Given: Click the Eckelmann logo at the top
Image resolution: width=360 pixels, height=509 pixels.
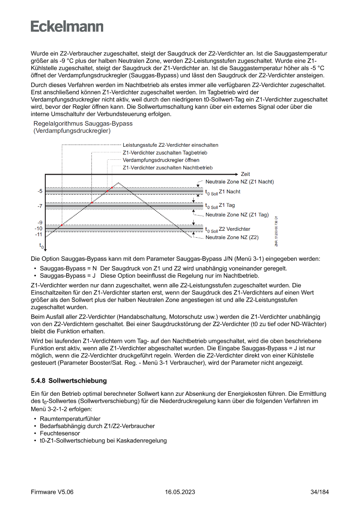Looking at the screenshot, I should (x=67, y=26).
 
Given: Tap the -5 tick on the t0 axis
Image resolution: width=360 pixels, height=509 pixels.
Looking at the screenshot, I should (x=40, y=191).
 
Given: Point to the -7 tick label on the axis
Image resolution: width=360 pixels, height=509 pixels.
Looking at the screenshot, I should (x=40, y=206).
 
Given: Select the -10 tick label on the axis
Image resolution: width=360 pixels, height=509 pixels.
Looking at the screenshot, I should (x=39, y=229).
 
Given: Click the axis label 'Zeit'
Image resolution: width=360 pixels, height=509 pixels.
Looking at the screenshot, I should (x=245, y=174).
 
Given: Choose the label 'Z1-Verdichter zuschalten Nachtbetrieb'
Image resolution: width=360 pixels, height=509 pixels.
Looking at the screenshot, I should (x=168, y=168).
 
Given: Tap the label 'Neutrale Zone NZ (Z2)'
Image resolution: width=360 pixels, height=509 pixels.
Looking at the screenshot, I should (x=232, y=237).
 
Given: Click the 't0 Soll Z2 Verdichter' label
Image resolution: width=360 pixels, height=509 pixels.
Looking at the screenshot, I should (x=228, y=229).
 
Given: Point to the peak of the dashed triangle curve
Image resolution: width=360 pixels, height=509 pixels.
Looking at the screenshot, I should (x=119, y=183).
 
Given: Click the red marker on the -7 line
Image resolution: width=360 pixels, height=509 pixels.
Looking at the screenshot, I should (x=92, y=203).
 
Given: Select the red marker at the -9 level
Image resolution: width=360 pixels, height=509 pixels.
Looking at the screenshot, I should (x=62, y=225).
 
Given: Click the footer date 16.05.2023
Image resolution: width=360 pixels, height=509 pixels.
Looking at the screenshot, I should (x=180, y=492).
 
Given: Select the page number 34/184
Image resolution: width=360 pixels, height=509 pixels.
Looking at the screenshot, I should (x=320, y=492).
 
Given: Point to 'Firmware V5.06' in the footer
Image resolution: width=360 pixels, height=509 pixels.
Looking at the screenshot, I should (x=52, y=492).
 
